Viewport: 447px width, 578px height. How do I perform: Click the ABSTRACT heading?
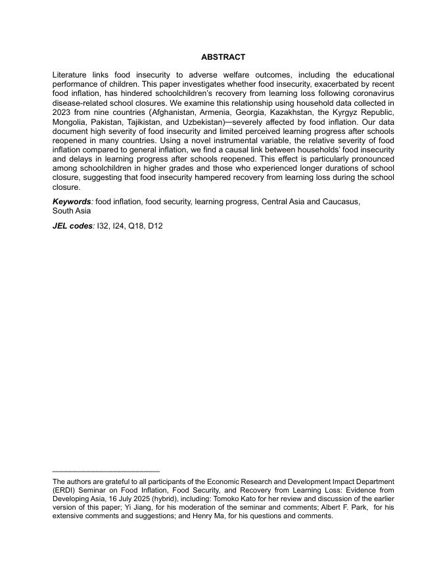tap(223, 57)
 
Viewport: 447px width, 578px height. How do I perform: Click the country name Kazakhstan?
tap(292, 112)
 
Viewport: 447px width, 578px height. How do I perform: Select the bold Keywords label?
tap(72, 202)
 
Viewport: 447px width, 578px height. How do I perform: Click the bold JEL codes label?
tap(73, 226)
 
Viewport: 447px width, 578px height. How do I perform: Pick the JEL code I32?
tap(104, 226)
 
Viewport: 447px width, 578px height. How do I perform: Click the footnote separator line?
tap(106, 471)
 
